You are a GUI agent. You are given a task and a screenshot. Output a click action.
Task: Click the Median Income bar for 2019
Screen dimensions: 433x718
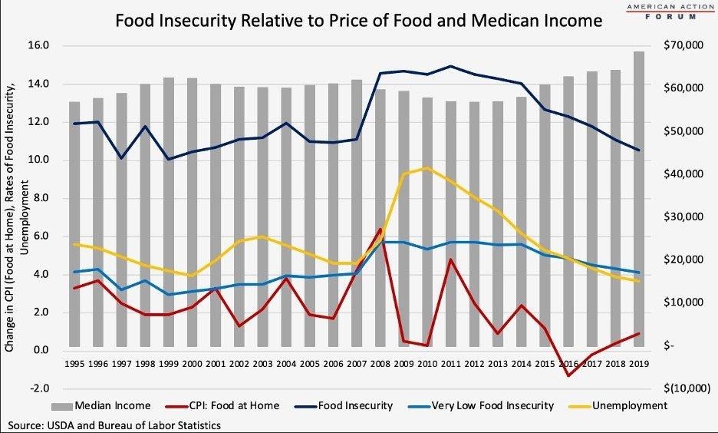pyautogui.click(x=638, y=200)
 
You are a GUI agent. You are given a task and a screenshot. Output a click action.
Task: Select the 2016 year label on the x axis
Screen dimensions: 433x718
pyautogui.click(x=568, y=364)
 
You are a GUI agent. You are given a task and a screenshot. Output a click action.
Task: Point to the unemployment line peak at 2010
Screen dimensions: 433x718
pyautogui.click(x=427, y=167)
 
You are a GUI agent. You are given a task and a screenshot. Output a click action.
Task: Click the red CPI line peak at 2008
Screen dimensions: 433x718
pyautogui.click(x=380, y=229)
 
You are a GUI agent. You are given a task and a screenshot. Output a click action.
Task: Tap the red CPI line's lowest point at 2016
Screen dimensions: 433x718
pyautogui.click(x=568, y=375)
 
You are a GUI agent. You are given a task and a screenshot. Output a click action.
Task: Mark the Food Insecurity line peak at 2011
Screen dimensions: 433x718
pyautogui.click(x=451, y=66)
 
